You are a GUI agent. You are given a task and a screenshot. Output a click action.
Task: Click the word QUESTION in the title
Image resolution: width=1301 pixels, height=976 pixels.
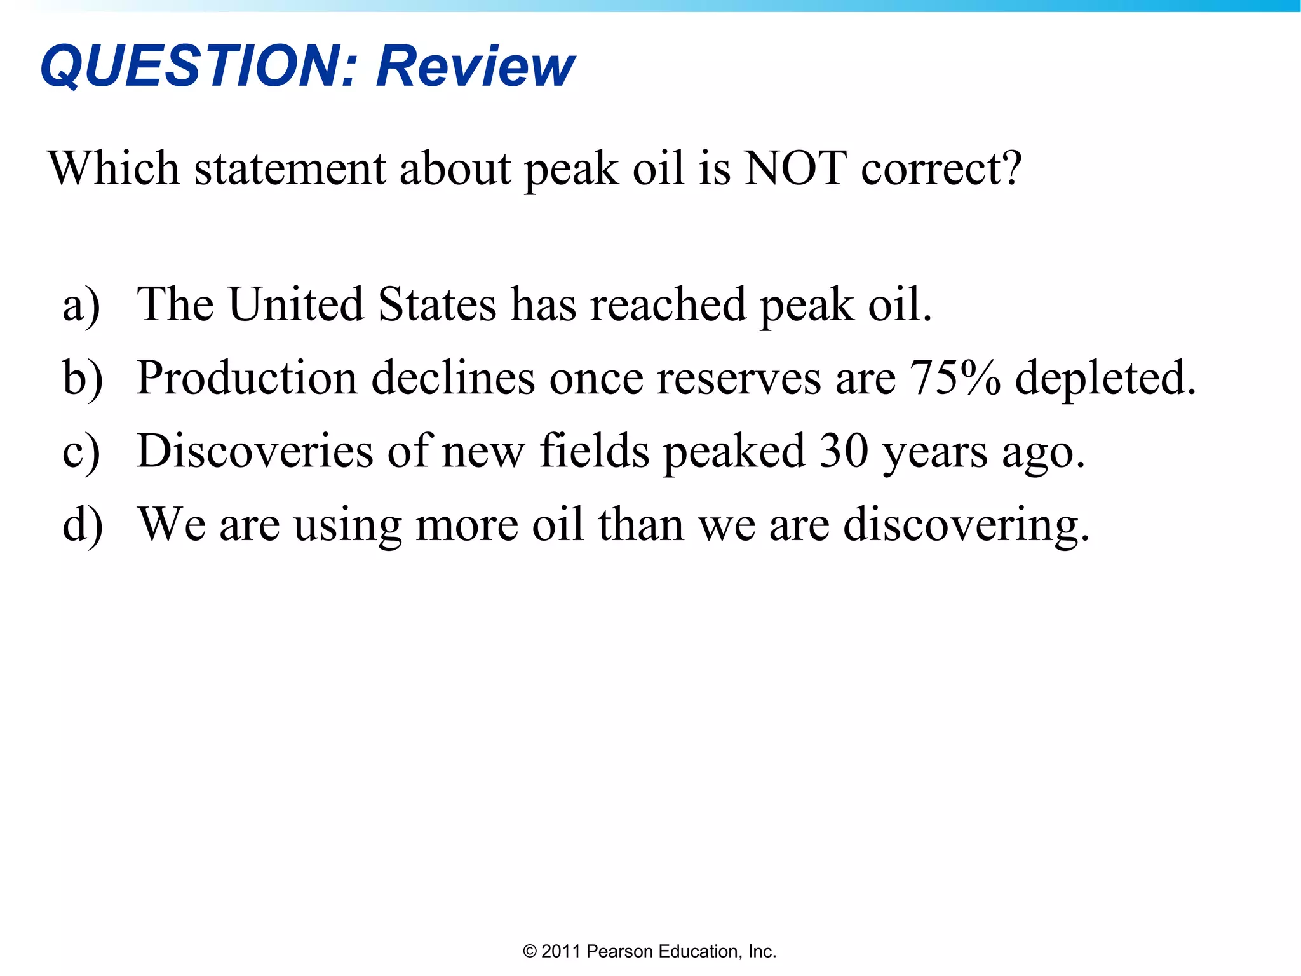(x=191, y=65)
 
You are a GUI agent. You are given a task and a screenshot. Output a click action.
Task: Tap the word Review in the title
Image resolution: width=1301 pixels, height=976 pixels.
(x=475, y=65)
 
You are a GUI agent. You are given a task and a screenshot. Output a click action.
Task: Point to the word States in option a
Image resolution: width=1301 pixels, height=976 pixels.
(x=437, y=304)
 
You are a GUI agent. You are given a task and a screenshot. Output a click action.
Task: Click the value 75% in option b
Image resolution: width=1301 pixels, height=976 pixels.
(x=955, y=378)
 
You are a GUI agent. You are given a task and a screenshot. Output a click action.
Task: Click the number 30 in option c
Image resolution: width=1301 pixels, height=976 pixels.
(x=844, y=451)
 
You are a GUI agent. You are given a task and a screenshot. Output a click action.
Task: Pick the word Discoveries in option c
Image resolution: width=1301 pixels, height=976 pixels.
(x=255, y=451)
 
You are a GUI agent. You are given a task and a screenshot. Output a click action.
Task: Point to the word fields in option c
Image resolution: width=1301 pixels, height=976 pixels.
(x=594, y=451)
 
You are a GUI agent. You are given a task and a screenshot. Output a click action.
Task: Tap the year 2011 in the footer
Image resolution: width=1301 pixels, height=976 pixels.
(x=561, y=951)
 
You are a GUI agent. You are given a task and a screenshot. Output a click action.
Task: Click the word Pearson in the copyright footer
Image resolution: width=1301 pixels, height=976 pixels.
(x=620, y=951)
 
